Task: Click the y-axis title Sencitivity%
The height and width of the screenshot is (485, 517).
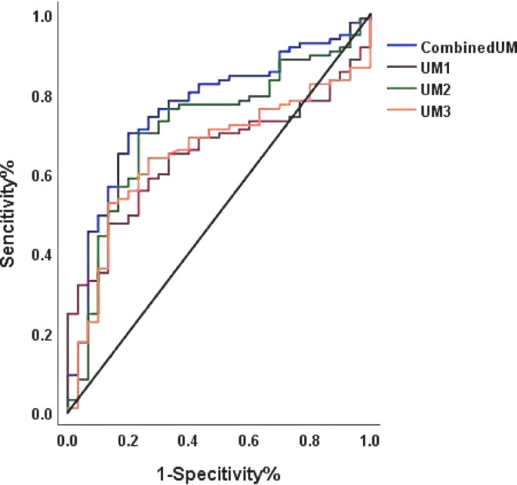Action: pyautogui.click(x=10, y=214)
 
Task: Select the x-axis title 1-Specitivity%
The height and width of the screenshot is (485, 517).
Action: pyautogui.click(x=218, y=474)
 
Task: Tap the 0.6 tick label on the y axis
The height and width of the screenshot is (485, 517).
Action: pyautogui.click(x=42, y=176)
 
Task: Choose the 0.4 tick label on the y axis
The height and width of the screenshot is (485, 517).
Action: pyautogui.click(x=42, y=255)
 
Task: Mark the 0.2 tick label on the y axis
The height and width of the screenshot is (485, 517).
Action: pyautogui.click(x=42, y=334)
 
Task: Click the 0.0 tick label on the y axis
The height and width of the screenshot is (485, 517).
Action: pyautogui.click(x=42, y=413)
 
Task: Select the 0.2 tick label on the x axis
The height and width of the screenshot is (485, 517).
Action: pyautogui.click(x=128, y=440)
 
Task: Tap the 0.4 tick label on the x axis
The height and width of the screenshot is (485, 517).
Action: pyautogui.click(x=188, y=440)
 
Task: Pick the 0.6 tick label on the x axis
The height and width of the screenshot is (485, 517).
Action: pyautogui.click(x=248, y=440)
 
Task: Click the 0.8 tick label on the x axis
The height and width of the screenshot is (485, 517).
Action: pyautogui.click(x=309, y=440)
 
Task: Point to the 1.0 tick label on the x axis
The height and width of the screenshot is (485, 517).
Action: pyautogui.click(x=369, y=440)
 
